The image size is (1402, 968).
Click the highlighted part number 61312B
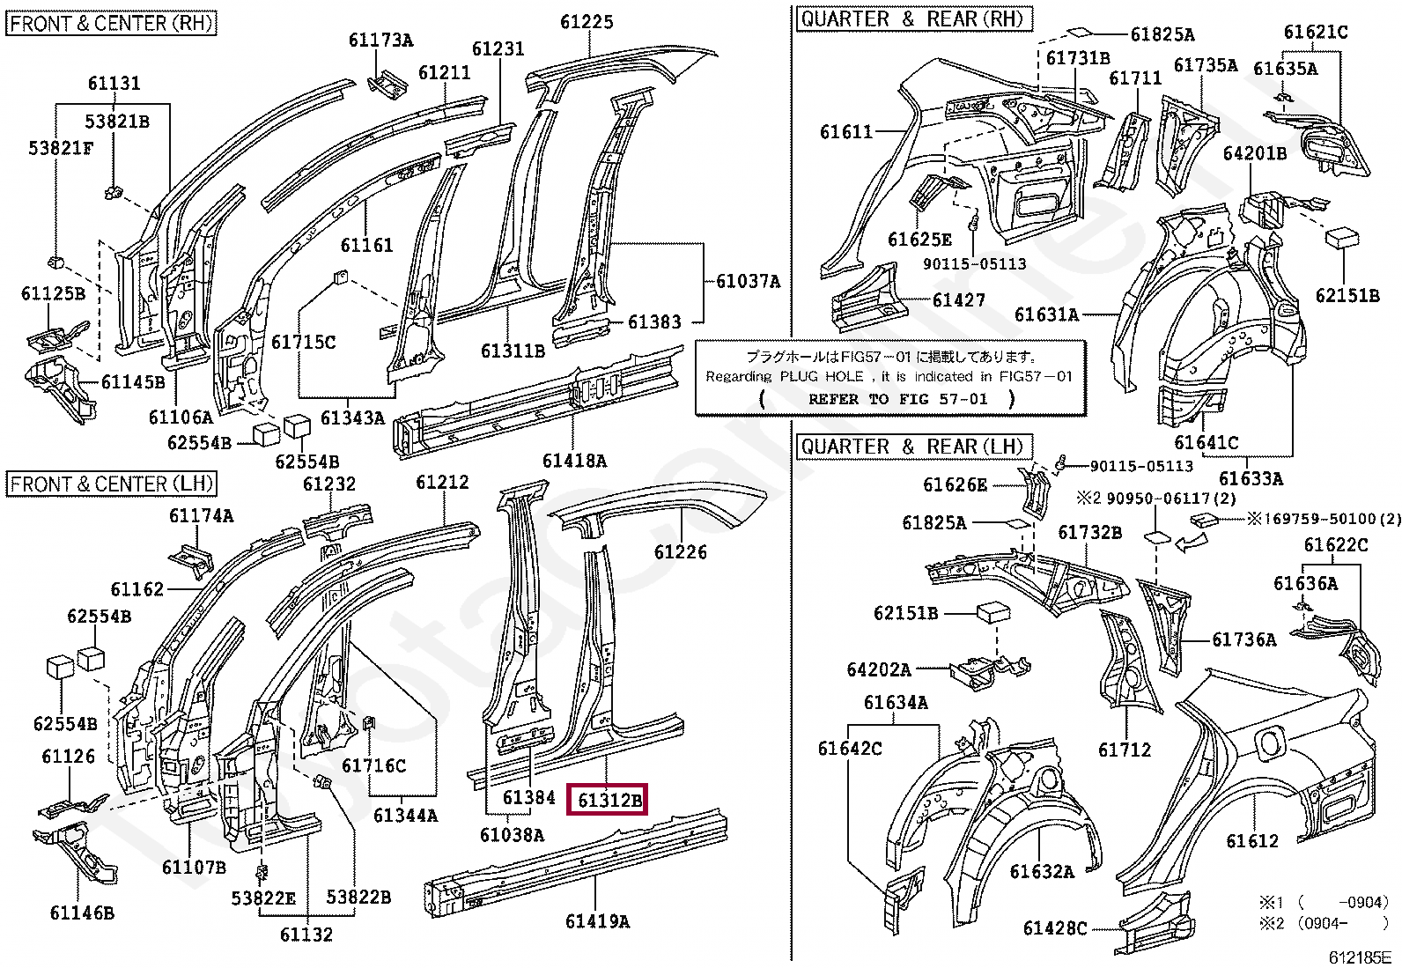[610, 800]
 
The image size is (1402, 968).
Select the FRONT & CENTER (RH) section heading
[112, 23]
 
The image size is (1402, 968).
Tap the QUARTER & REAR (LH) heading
[913, 447]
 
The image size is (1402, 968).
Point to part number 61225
[587, 22]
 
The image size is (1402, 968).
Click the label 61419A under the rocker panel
[597, 921]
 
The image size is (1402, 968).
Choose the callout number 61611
[846, 132]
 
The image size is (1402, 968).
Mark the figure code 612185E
[1360, 957]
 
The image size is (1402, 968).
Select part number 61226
[681, 552]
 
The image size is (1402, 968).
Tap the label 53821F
[61, 148]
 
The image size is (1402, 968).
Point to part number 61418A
[574, 460]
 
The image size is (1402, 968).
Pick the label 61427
[958, 300]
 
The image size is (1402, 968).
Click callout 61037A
[748, 281]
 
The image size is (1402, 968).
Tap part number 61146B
[82, 913]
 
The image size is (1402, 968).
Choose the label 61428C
[1055, 928]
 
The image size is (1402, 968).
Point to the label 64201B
[1255, 153]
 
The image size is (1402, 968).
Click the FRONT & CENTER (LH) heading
[112, 484]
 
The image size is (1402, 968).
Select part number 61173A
[380, 40]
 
